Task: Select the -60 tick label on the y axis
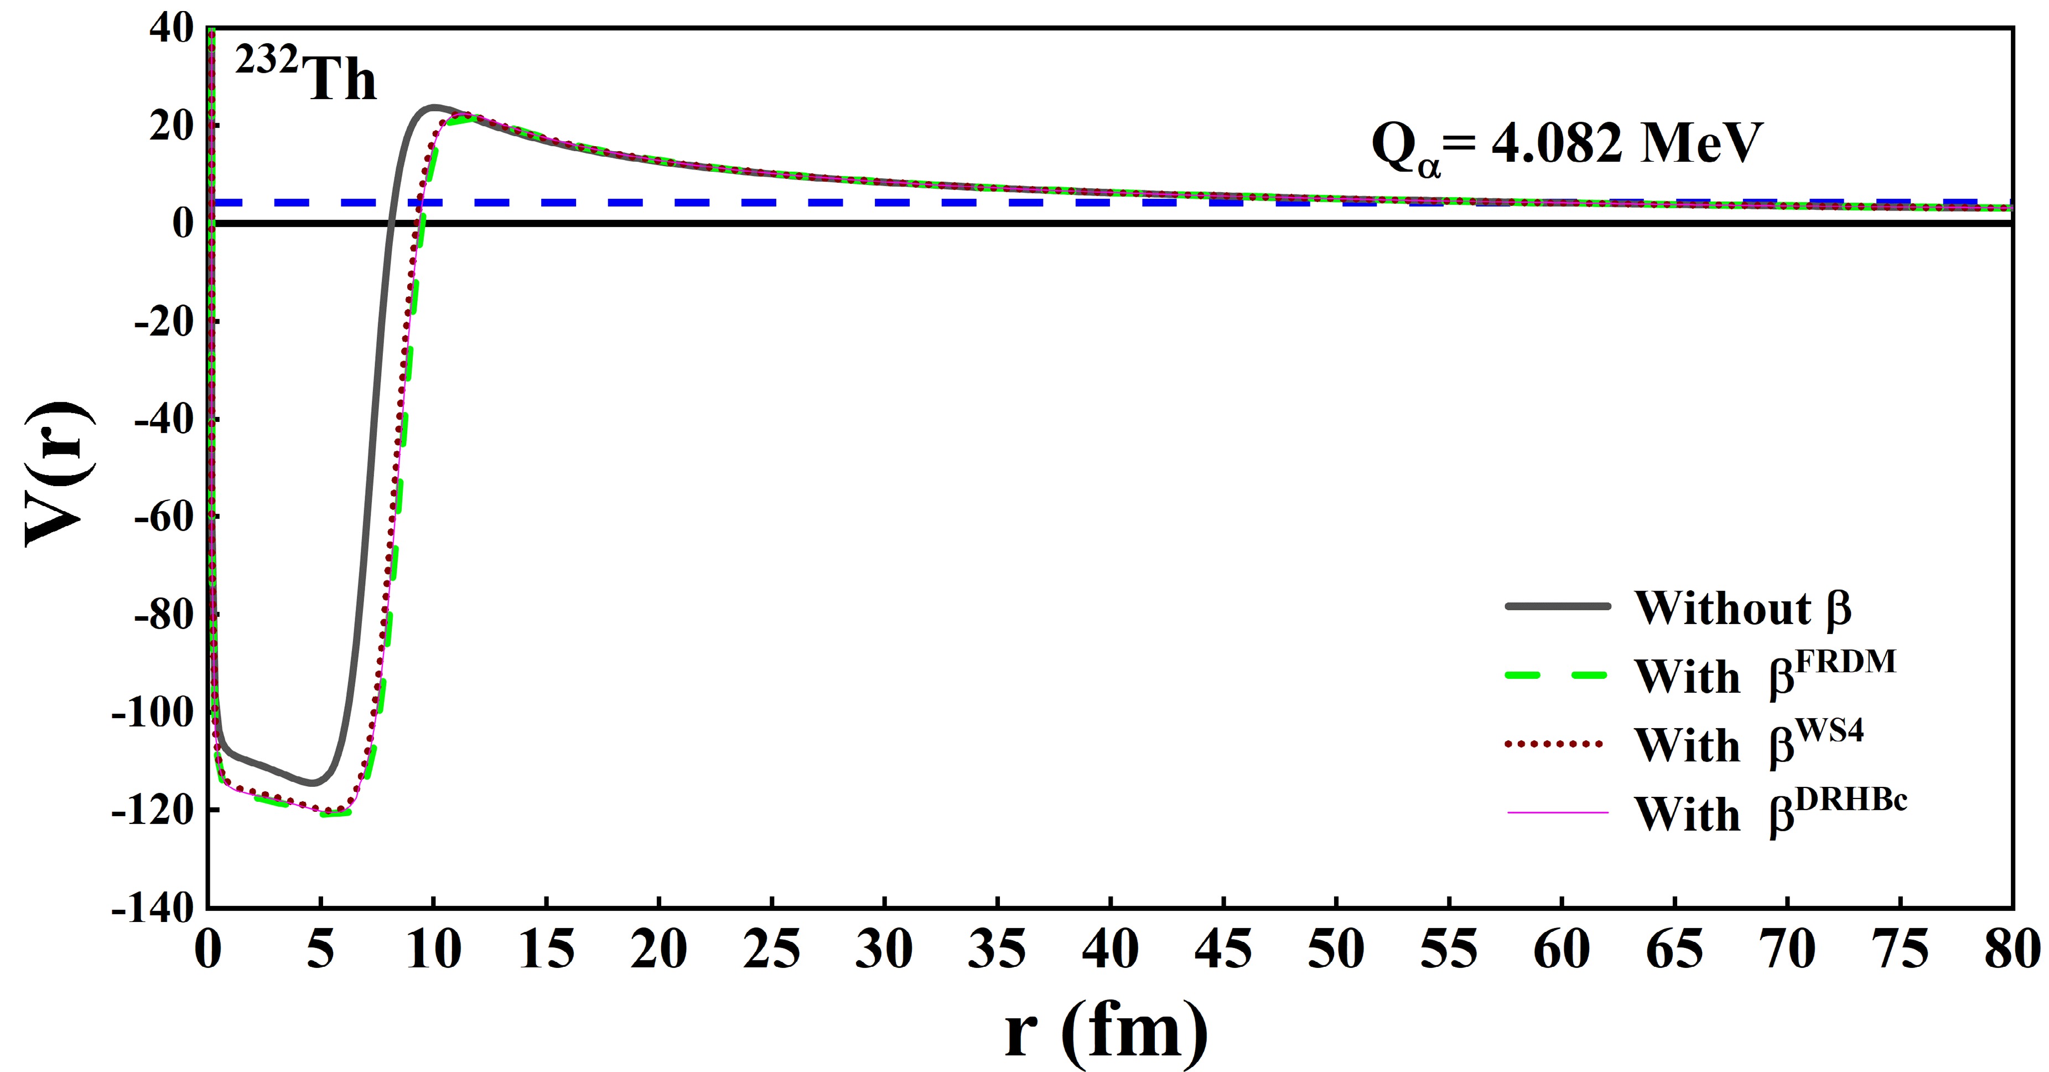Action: tap(163, 517)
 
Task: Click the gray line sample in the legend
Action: tap(1557, 606)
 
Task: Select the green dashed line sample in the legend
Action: tap(1557, 676)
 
